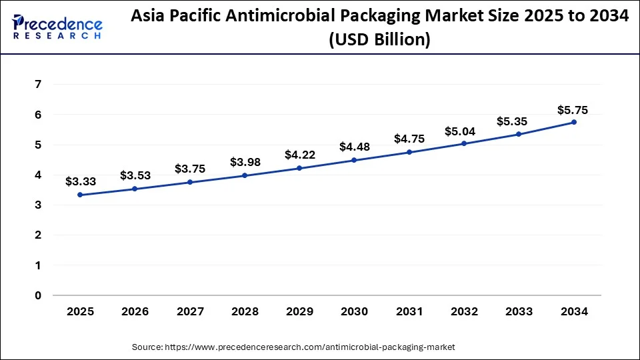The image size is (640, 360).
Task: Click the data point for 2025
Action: (80, 195)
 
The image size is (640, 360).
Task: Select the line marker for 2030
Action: (354, 160)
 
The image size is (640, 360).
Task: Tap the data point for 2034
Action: (573, 122)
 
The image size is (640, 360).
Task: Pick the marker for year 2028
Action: (245, 175)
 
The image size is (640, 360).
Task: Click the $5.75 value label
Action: (573, 111)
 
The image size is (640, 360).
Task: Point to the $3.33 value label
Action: (80, 181)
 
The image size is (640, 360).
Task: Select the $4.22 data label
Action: (299, 155)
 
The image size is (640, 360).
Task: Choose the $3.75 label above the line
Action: (190, 169)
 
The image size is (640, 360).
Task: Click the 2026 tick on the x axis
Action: (135, 311)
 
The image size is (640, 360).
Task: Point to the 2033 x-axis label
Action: (519, 311)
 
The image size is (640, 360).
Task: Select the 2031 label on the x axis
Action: (409, 311)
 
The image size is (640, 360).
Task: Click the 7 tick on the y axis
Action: (38, 85)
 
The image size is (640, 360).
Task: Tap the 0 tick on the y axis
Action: (38, 295)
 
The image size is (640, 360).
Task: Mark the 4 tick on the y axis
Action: (38, 175)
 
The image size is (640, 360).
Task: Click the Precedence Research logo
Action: (57, 27)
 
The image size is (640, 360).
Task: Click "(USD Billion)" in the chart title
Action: (379, 40)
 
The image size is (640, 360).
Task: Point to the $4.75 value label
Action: (409, 139)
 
